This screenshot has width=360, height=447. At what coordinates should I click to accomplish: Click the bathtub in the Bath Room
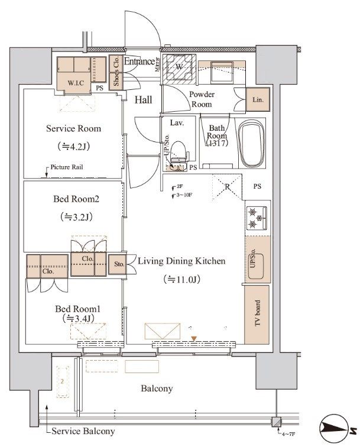click(x=251, y=144)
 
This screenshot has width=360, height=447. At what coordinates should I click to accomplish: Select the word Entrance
click(x=140, y=61)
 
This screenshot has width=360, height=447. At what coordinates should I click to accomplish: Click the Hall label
click(x=143, y=100)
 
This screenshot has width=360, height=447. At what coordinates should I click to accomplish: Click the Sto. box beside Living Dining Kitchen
click(x=118, y=264)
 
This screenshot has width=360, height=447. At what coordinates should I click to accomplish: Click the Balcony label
click(x=157, y=388)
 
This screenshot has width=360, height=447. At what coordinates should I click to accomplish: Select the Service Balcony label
click(x=83, y=431)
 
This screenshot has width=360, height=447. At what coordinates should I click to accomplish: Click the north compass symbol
click(x=336, y=428)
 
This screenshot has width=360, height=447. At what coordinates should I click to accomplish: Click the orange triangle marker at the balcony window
click(x=193, y=338)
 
